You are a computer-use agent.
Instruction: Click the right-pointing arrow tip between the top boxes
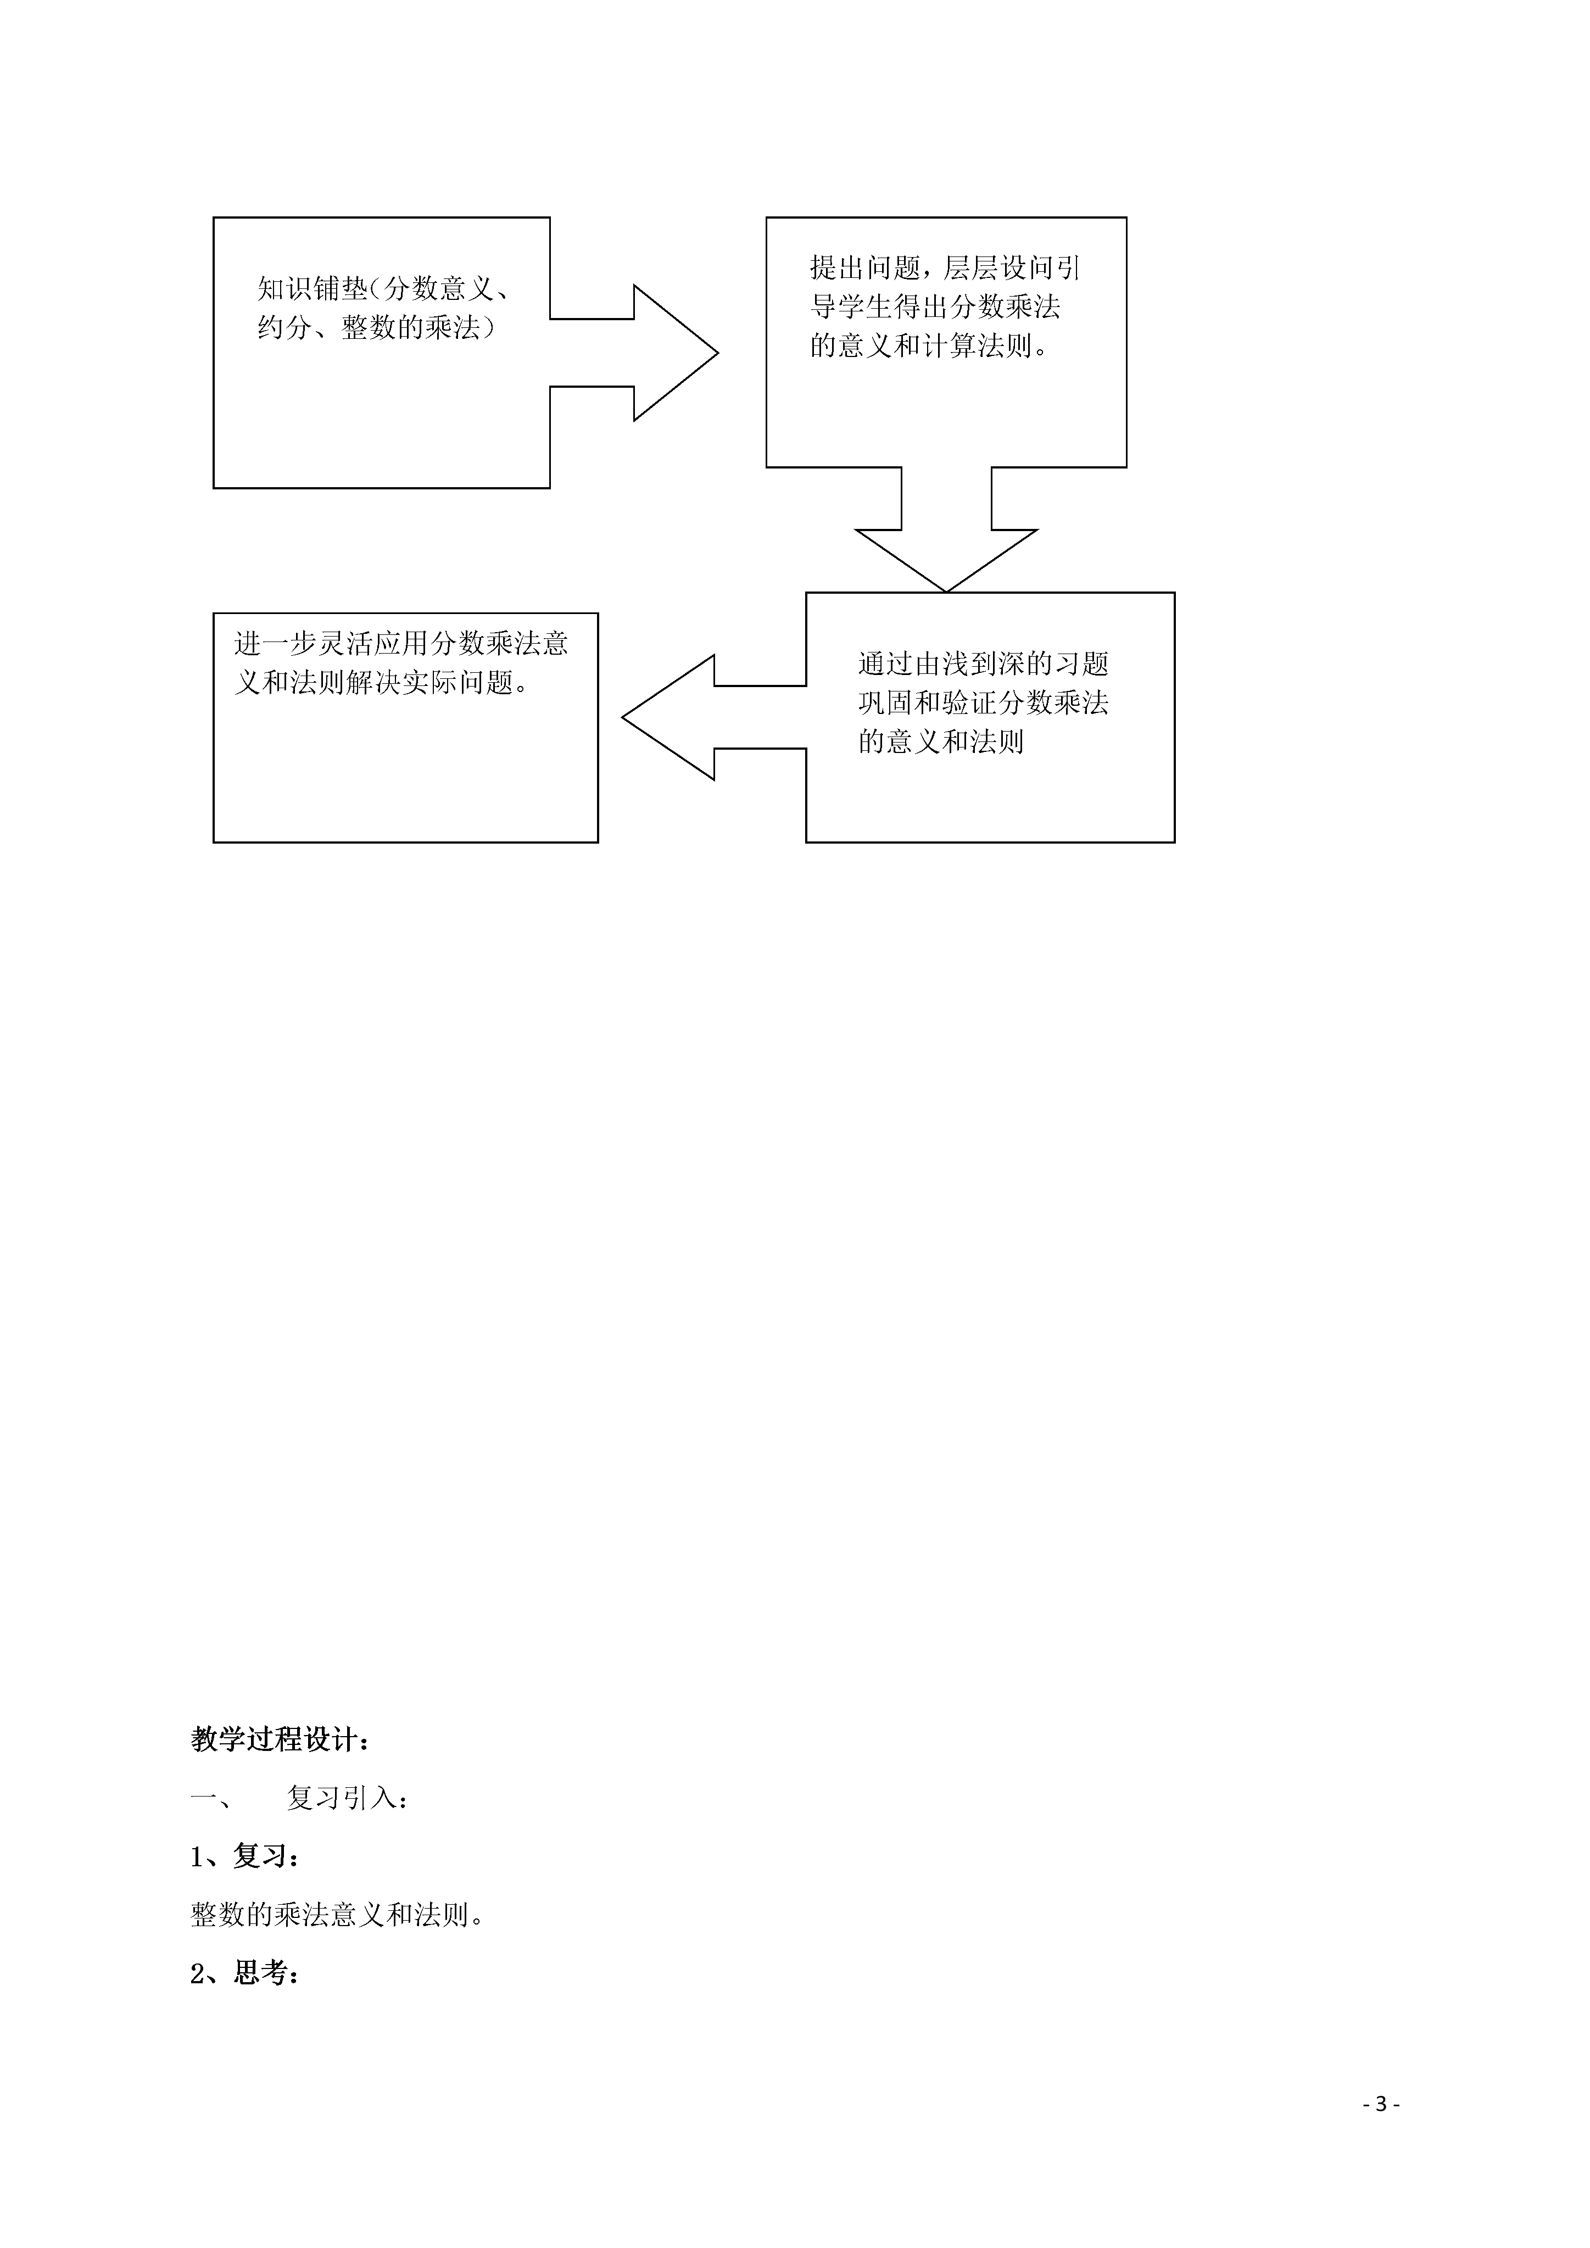click(718, 354)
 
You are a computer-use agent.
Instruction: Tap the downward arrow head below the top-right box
click(947, 592)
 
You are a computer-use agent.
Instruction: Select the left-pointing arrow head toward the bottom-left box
click(623, 718)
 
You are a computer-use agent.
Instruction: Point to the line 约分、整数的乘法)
click(377, 327)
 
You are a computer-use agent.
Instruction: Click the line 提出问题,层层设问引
click(945, 267)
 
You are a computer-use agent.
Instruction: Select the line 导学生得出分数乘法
click(935, 306)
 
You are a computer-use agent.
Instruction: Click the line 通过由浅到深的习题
click(983, 664)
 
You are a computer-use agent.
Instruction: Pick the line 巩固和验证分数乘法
click(983, 703)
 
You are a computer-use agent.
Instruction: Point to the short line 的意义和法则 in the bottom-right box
click(941, 742)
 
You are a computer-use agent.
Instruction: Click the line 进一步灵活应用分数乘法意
click(401, 643)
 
